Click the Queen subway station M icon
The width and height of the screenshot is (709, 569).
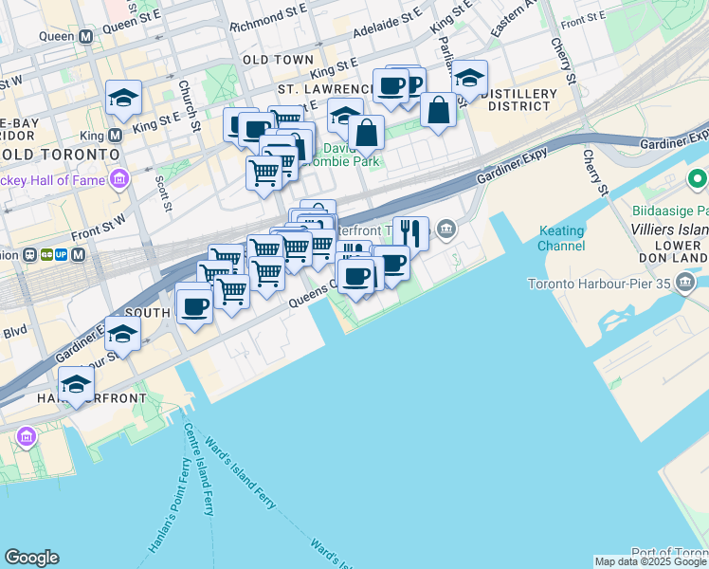[x=86, y=37]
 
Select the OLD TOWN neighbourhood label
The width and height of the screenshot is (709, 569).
[x=278, y=60]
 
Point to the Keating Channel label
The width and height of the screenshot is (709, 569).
[x=561, y=238]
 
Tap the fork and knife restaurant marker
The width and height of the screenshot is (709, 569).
[x=410, y=231]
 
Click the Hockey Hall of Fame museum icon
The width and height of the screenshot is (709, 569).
[x=119, y=178]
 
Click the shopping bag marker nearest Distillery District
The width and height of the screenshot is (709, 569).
[x=439, y=110]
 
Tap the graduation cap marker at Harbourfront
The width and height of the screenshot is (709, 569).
[x=76, y=384]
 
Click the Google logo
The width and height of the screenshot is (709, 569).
[x=31, y=558]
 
